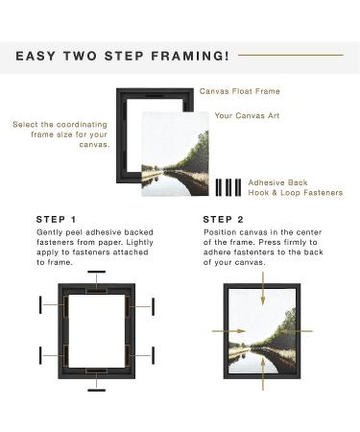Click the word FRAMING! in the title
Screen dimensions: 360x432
coord(190,56)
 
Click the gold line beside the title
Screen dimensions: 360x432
coord(291,55)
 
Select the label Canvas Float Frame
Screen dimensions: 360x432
coord(240,91)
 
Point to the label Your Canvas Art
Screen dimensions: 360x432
coord(247,115)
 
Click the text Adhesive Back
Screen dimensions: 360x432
coord(277,182)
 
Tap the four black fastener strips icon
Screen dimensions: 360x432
coord(228,187)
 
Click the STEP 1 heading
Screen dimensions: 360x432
coord(57,220)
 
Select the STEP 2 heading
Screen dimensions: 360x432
coord(224,220)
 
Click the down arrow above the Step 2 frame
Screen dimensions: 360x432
coord(263,288)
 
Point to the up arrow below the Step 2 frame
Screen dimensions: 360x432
coord(263,373)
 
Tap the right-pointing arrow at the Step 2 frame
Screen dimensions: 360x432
coord(229,331)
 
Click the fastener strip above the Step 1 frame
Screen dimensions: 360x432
coord(97,272)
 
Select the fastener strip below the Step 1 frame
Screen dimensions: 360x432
coord(97,390)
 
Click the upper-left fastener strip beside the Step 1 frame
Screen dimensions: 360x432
coord(40,304)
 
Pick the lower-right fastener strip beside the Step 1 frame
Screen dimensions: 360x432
coord(154,355)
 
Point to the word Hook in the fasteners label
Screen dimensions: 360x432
coord(259,193)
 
